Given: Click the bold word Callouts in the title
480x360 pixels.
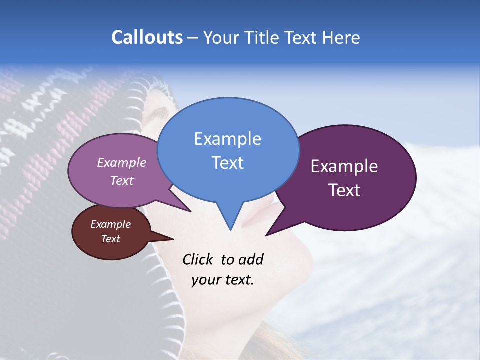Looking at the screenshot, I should pos(147,37).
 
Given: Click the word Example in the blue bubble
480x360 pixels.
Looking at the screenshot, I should pos(227,139).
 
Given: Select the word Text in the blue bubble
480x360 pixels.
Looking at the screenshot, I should pos(228,163).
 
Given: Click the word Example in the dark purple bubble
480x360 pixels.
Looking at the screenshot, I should pos(344,166).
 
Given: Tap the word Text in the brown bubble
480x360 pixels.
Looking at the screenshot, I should pos(111,239).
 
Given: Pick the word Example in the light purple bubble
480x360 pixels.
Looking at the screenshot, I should pos(122,163).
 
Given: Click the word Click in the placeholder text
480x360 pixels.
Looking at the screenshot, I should pos(198,259).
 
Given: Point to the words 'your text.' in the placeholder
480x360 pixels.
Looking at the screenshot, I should pos(223,280).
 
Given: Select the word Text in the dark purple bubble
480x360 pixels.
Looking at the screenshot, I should pos(344,190).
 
